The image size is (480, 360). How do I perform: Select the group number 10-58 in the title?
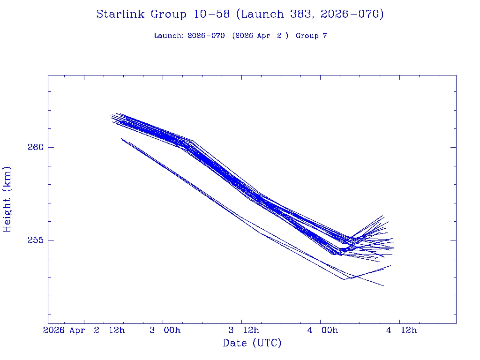pyautogui.click(x=210, y=15)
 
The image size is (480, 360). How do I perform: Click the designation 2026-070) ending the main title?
pyautogui.click(x=352, y=15)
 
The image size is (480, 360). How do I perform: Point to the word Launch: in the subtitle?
pyautogui.click(x=169, y=36)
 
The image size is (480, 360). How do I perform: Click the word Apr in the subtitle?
pyautogui.click(x=262, y=36)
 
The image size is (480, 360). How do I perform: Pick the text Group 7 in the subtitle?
pyautogui.click(x=311, y=36)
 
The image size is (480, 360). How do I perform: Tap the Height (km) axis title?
pyautogui.click(x=7, y=199)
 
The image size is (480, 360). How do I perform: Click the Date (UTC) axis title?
pyautogui.click(x=252, y=343)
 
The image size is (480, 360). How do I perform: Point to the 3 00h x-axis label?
pyautogui.click(x=165, y=330)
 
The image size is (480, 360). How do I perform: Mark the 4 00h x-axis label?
pyautogui.click(x=322, y=330)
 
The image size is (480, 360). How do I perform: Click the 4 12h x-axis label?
pyautogui.click(x=401, y=330)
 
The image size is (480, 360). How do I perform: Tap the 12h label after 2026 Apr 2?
pyautogui.click(x=117, y=330)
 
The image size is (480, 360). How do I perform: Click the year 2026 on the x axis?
pyautogui.click(x=54, y=330)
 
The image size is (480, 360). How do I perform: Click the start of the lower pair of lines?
pyautogui.click(x=121, y=138)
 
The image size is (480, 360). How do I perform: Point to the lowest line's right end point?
pyautogui.click(x=383, y=285)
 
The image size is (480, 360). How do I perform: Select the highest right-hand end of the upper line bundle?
pyautogui.click(x=383, y=216)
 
